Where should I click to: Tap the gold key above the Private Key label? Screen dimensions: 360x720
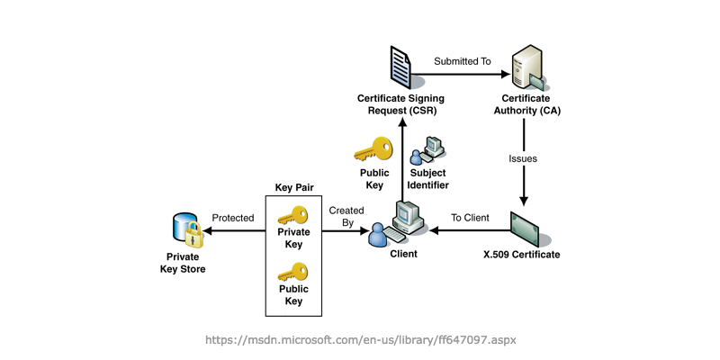[292, 215]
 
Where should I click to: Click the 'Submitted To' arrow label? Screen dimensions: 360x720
[462, 61]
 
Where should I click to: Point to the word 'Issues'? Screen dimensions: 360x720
[523, 158]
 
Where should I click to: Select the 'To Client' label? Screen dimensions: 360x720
[470, 218]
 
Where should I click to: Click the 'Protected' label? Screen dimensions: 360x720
[232, 218]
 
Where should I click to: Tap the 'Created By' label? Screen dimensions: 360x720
[346, 217]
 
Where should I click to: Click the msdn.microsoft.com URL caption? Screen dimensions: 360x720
[360, 340]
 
